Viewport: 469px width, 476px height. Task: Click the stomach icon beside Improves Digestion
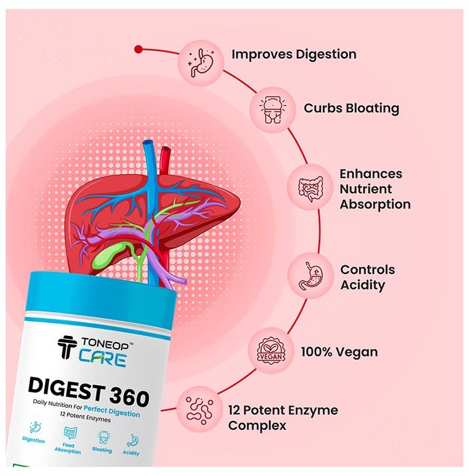(x=201, y=63)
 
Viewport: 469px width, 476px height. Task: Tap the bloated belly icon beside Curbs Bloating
(x=273, y=110)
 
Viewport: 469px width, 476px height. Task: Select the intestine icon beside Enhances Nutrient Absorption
(x=311, y=188)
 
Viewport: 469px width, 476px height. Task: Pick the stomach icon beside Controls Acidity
(x=311, y=275)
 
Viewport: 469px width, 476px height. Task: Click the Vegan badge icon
(x=271, y=351)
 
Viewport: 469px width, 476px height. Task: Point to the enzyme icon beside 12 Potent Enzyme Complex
(x=200, y=410)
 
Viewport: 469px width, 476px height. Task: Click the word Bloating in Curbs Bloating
(x=373, y=109)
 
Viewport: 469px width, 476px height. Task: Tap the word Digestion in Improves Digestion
(x=326, y=54)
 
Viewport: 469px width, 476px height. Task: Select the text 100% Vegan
(x=339, y=352)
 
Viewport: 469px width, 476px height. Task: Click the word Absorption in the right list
(x=375, y=205)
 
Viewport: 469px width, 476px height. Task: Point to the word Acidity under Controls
(x=362, y=286)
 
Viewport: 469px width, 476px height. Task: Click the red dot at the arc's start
(x=139, y=49)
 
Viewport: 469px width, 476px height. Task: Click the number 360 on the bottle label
(x=129, y=396)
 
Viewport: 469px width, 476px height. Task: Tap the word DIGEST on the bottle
(x=66, y=388)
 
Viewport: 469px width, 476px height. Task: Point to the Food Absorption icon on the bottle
(x=70, y=433)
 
